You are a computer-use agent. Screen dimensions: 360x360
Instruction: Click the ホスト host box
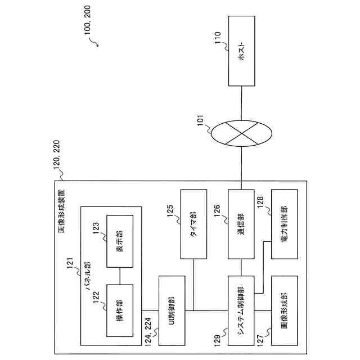(x=242, y=51)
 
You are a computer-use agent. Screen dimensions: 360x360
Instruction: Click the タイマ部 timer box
(x=193, y=223)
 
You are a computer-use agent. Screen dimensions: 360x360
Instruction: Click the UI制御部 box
(x=173, y=310)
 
